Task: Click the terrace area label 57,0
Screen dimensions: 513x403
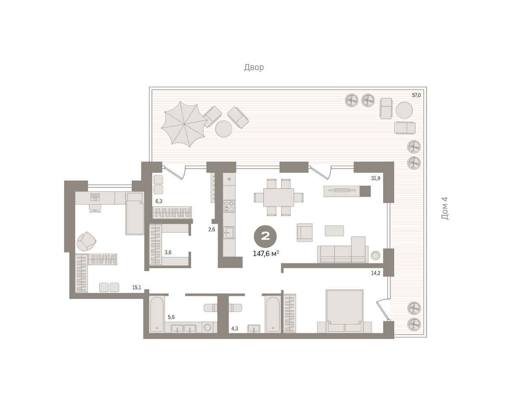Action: coord(416,95)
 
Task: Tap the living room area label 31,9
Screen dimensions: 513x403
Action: coord(375,178)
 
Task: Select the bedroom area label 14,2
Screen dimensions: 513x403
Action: coord(375,273)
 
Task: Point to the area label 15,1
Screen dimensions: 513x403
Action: coord(137,287)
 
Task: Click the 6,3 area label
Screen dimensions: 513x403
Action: coord(159,201)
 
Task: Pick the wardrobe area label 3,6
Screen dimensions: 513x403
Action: coord(168,252)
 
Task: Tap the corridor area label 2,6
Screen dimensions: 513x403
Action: coord(212,229)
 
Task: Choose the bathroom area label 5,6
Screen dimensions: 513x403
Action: coord(171,317)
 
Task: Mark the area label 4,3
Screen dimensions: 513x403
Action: coord(235,328)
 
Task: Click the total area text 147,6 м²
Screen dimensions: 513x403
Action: coord(266,254)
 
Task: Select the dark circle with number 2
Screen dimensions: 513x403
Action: coord(265,237)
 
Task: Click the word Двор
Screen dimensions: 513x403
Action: coord(254,67)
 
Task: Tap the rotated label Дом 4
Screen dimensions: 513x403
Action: coord(445,208)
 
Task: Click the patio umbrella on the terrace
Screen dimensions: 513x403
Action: coord(184,124)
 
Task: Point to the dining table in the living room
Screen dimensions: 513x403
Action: coord(279,197)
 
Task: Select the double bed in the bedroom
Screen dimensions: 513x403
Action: coord(345,311)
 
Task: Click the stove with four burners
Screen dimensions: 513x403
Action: coord(229,206)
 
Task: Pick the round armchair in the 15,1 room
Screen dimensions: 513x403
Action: coord(86,241)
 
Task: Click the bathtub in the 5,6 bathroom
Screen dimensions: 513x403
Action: coord(156,314)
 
